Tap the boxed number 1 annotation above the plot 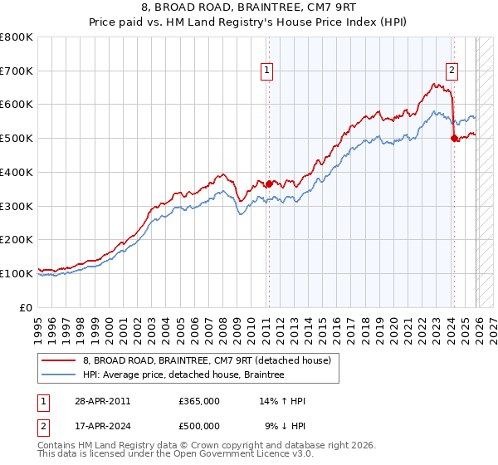click(268, 71)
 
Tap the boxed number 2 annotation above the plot click(452, 71)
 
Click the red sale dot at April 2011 click(268, 184)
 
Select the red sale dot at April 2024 click(454, 139)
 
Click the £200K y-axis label click(18, 239)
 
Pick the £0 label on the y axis click(27, 306)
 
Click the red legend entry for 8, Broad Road click(207, 360)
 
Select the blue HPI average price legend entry click(183, 375)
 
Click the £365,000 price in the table click(199, 401)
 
